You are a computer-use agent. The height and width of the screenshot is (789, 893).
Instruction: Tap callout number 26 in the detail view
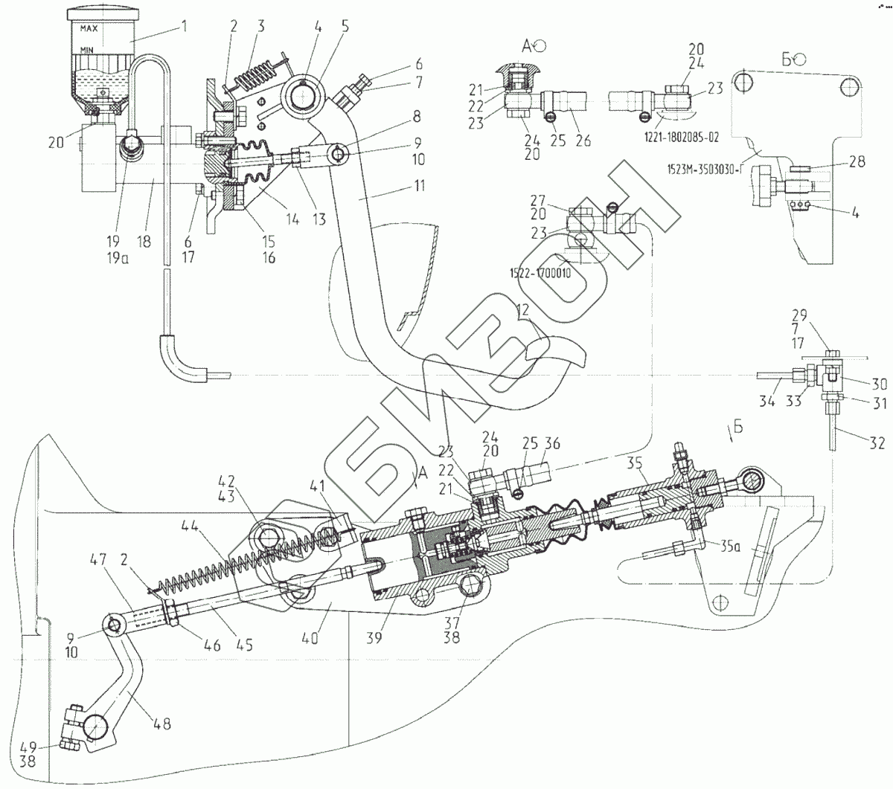coord(583,139)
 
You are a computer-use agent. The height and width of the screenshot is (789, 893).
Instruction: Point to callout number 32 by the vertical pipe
coord(877,443)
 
